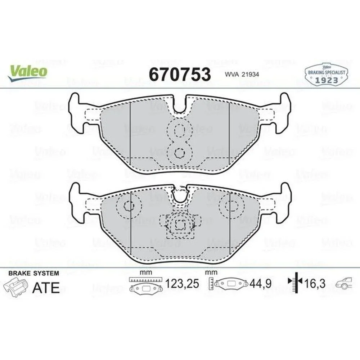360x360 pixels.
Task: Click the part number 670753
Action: (x=180, y=75)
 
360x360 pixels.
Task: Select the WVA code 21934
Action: (x=242, y=75)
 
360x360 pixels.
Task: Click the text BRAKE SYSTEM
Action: (x=34, y=273)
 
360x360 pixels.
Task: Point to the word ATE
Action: (x=46, y=287)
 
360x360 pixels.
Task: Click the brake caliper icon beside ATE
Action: (x=15, y=287)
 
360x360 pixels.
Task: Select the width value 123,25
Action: (x=182, y=284)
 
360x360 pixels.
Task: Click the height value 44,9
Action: (x=261, y=284)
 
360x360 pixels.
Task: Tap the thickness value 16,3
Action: (x=315, y=284)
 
